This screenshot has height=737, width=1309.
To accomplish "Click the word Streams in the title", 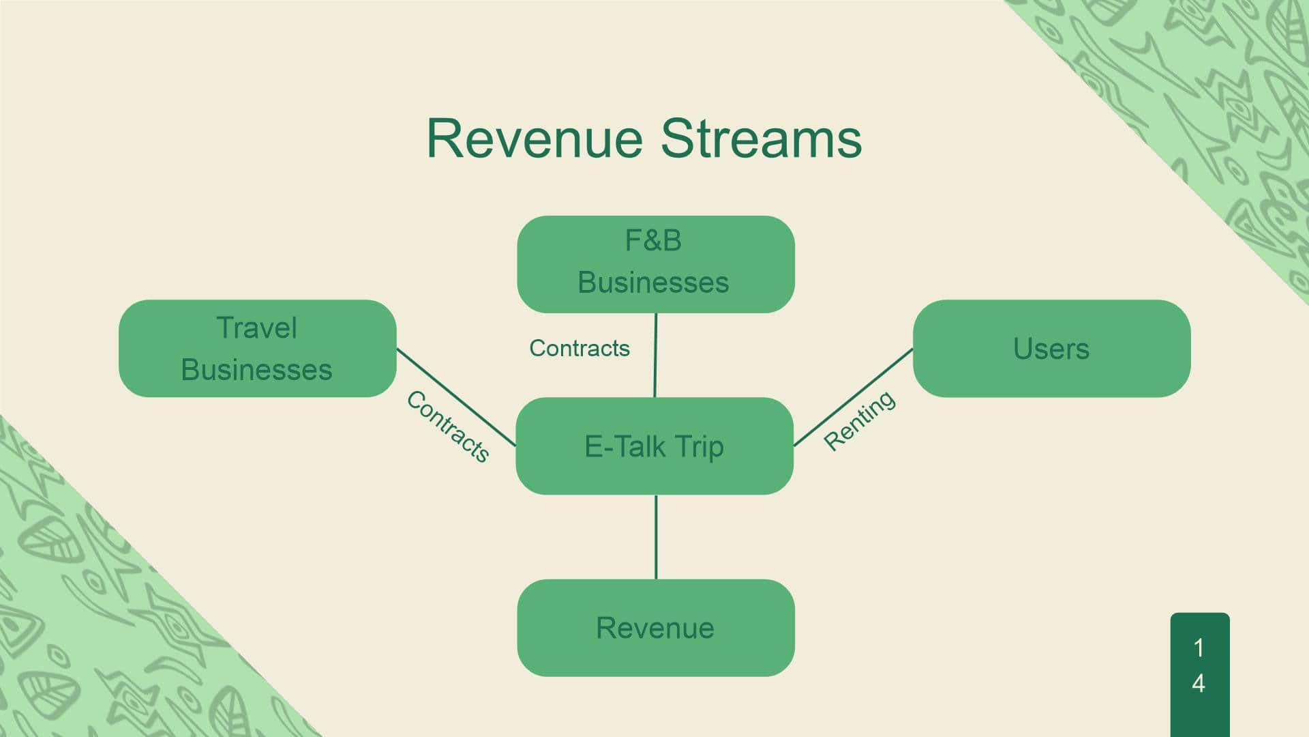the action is [x=762, y=139].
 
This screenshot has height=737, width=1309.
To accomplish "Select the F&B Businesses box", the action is [x=656, y=264].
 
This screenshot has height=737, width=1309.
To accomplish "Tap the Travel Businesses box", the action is [x=258, y=348].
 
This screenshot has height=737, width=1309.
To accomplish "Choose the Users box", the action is [x=1052, y=348].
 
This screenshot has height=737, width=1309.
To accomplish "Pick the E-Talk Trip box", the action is [x=654, y=446].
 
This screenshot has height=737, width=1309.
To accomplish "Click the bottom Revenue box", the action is [x=656, y=628].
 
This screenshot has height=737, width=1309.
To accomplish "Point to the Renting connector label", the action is [x=860, y=420].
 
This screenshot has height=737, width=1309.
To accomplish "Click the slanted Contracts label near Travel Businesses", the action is [x=447, y=427].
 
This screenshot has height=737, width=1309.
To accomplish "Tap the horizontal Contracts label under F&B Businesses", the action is [x=580, y=348].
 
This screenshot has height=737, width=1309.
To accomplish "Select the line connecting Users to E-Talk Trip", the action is [x=854, y=397].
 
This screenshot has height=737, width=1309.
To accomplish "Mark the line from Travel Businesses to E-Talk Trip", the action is [x=456, y=397].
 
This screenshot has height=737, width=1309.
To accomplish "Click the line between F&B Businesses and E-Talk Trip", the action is [x=656, y=355].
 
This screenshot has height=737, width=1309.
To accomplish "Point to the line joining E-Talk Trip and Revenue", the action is [x=656, y=537].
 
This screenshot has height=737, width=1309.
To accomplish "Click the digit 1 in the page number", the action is [x=1199, y=648].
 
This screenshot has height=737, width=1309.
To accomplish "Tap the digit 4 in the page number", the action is [x=1199, y=683].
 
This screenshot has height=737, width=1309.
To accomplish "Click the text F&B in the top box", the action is [x=653, y=240].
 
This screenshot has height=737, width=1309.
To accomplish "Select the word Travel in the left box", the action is [x=257, y=328].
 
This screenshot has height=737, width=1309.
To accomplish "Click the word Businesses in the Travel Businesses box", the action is [x=257, y=370].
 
